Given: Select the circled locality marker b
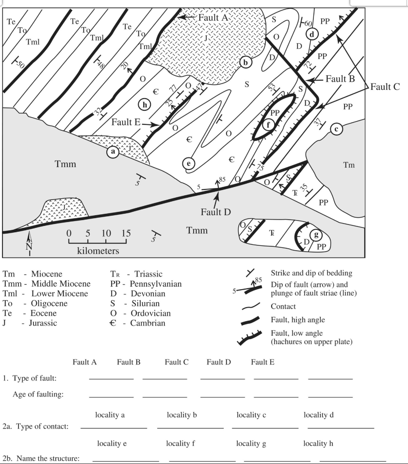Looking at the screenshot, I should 246,62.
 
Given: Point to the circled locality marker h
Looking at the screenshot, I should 144,103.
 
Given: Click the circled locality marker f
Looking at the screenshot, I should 268,124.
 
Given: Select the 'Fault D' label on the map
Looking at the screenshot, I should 217,212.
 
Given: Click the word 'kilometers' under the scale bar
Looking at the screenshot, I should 98,251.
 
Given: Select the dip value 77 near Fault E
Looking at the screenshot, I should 172,88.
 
